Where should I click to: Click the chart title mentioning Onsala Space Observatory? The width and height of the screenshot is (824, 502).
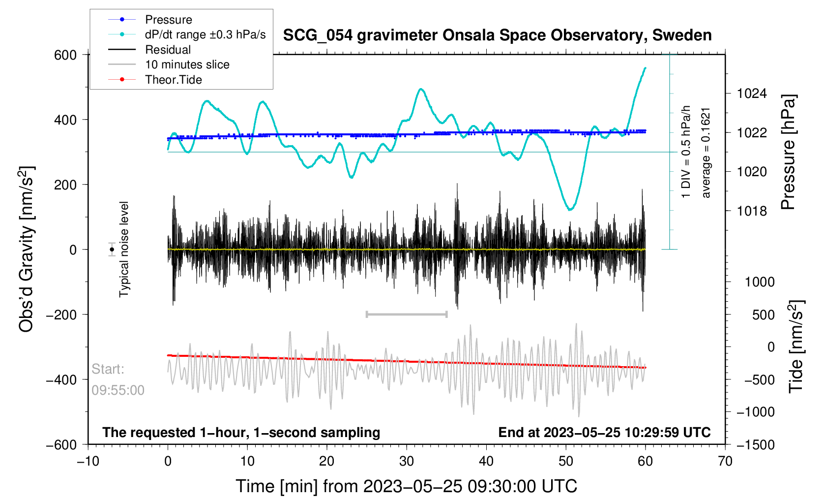pos(497,35)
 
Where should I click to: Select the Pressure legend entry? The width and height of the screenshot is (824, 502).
pos(168,20)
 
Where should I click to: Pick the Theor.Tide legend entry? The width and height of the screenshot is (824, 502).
pos(173,80)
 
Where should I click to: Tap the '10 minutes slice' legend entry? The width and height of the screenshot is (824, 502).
pos(187,64)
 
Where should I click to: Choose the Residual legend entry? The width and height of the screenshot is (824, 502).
pos(168,50)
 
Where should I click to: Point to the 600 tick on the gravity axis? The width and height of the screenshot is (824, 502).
pos(65,55)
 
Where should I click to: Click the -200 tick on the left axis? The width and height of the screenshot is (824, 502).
pos(61,315)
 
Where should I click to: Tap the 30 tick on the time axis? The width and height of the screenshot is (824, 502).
pos(407,461)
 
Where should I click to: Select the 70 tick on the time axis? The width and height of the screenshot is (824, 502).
pos(725,461)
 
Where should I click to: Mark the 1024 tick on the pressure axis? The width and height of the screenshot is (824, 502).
pos(752,94)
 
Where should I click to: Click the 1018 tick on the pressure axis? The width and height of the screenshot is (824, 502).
pos(752,211)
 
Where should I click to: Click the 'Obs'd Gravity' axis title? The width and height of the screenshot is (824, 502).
pos(26,250)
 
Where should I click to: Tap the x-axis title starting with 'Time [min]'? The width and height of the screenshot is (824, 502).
pos(406,486)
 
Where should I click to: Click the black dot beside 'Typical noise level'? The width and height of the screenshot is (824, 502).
pos(112,250)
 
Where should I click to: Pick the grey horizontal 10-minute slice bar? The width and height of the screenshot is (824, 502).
pos(407,314)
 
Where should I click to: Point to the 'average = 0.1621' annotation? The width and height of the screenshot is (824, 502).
pos(706,153)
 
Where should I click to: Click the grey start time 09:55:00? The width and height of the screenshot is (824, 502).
pos(118,390)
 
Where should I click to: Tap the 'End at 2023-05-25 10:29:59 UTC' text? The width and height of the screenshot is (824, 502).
pos(604,433)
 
